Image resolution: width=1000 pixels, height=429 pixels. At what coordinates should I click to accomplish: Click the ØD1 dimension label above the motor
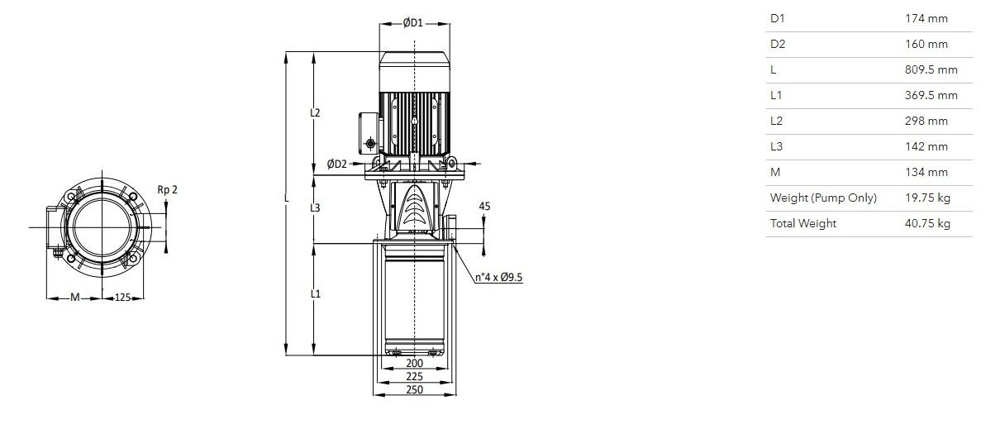pyautogui.click(x=412, y=23)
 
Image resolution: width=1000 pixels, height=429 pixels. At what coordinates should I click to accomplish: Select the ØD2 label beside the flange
pyautogui.click(x=336, y=164)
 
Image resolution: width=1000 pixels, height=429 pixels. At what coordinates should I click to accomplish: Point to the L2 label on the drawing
pyautogui.click(x=315, y=113)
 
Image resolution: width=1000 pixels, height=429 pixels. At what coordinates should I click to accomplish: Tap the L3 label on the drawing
pyautogui.click(x=315, y=207)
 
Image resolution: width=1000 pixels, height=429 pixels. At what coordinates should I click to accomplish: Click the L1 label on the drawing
pyautogui.click(x=315, y=293)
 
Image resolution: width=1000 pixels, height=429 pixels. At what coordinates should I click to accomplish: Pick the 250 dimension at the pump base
pyautogui.click(x=414, y=389)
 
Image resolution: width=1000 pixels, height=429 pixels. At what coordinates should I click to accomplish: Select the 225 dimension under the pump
pyautogui.click(x=414, y=376)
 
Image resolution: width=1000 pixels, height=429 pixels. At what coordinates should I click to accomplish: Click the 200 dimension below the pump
pyautogui.click(x=414, y=364)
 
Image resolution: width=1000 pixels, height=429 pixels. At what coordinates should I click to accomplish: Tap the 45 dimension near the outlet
pyautogui.click(x=484, y=207)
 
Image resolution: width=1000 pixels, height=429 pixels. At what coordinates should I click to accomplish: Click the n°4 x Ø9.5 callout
pyautogui.click(x=498, y=277)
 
